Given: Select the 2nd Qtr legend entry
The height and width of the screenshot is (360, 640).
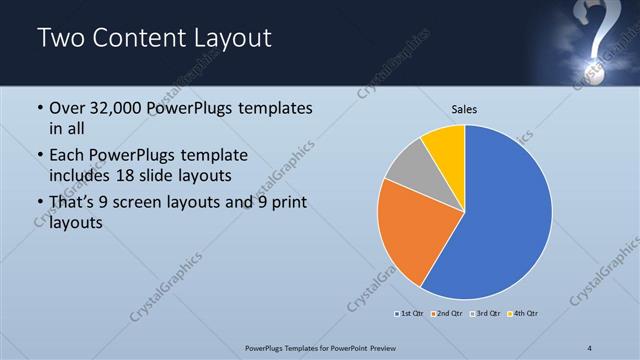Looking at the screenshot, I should click(x=446, y=314).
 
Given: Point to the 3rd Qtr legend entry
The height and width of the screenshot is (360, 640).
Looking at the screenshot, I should click(x=486, y=314).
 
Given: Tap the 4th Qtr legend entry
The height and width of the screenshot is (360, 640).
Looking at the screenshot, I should click(x=523, y=314).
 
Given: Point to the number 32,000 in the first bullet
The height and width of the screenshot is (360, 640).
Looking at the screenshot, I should click(x=113, y=108).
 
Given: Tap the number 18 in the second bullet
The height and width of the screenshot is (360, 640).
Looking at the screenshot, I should click(x=186, y=174).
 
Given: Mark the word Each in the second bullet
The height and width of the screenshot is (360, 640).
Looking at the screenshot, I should click(x=68, y=156).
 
